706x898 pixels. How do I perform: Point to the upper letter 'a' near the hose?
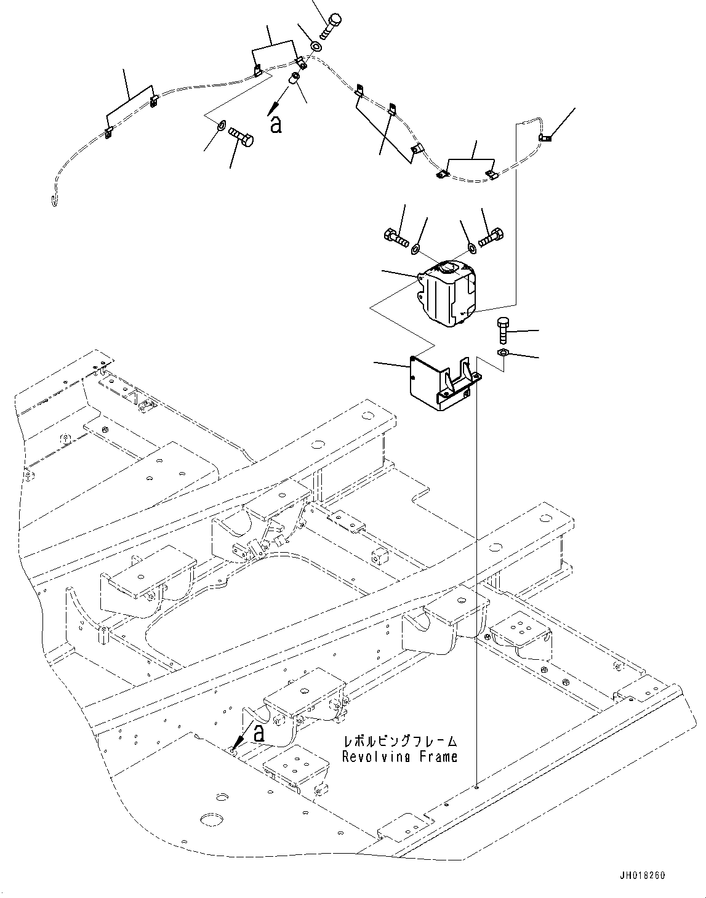276,124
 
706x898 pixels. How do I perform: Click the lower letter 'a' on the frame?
259,732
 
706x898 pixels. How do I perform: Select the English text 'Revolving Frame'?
399,756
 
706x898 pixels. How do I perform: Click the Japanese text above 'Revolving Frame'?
399,742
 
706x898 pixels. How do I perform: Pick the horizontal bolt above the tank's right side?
491,236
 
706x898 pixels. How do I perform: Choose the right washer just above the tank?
472,248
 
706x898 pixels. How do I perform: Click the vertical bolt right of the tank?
502,331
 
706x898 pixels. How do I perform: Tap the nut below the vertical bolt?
502,353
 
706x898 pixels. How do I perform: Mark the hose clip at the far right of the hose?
545,138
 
